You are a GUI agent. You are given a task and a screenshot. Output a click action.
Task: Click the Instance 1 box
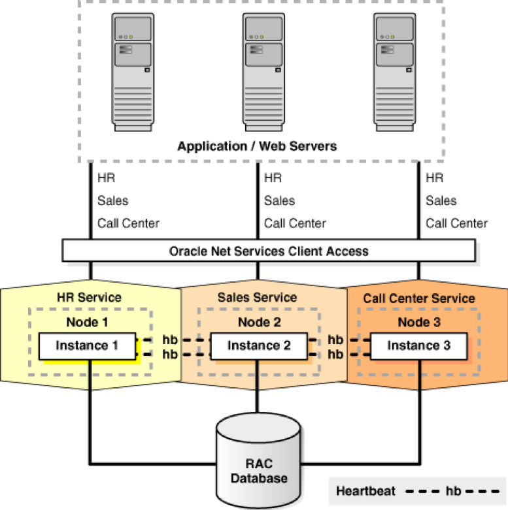(87, 345)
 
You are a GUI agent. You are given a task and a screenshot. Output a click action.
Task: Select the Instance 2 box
(259, 345)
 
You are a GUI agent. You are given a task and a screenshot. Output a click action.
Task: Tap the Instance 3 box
(418, 345)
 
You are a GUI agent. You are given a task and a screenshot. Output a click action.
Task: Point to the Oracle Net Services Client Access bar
(269, 251)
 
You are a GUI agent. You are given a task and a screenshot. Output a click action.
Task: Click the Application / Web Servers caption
(257, 146)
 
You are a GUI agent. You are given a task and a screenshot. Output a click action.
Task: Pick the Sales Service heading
(257, 297)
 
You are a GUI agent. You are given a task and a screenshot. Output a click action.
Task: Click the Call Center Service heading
(419, 298)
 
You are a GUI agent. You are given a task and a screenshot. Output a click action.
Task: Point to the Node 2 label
(259, 322)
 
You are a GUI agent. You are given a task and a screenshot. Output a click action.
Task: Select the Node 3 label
(419, 322)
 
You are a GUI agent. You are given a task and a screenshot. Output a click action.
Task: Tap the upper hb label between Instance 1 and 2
(170, 340)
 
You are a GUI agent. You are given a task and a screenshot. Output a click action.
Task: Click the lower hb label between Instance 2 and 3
(335, 354)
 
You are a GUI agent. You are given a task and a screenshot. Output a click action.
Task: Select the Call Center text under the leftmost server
(128, 223)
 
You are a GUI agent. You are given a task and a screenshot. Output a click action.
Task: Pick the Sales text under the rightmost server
(441, 200)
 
